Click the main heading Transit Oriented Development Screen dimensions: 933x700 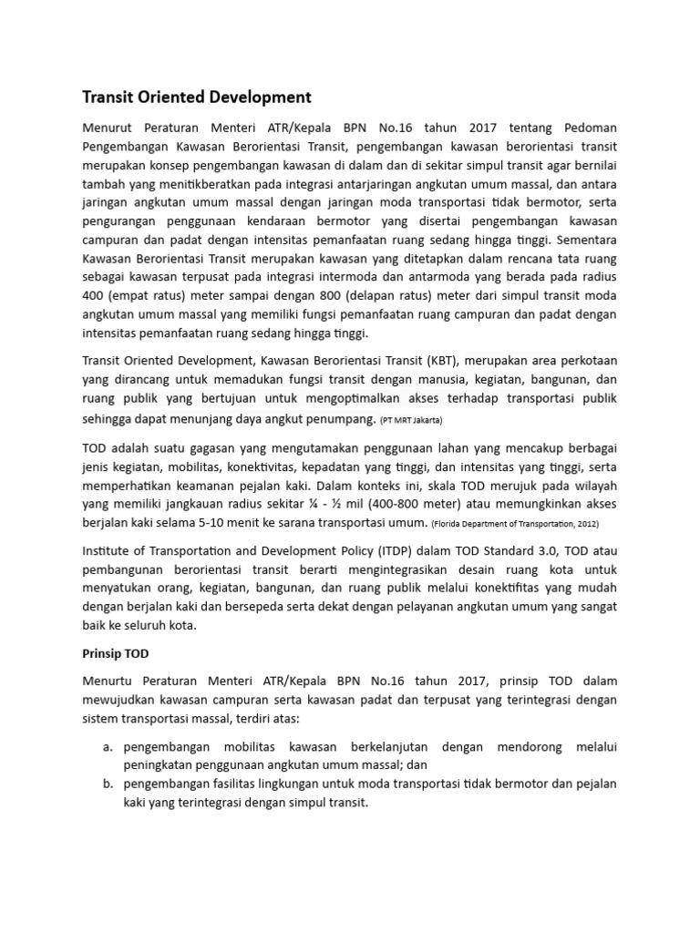pos(197,97)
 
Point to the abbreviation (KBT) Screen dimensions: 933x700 pos(442,359)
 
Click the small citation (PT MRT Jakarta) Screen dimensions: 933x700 pos(411,420)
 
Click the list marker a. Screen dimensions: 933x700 pos(107,747)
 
